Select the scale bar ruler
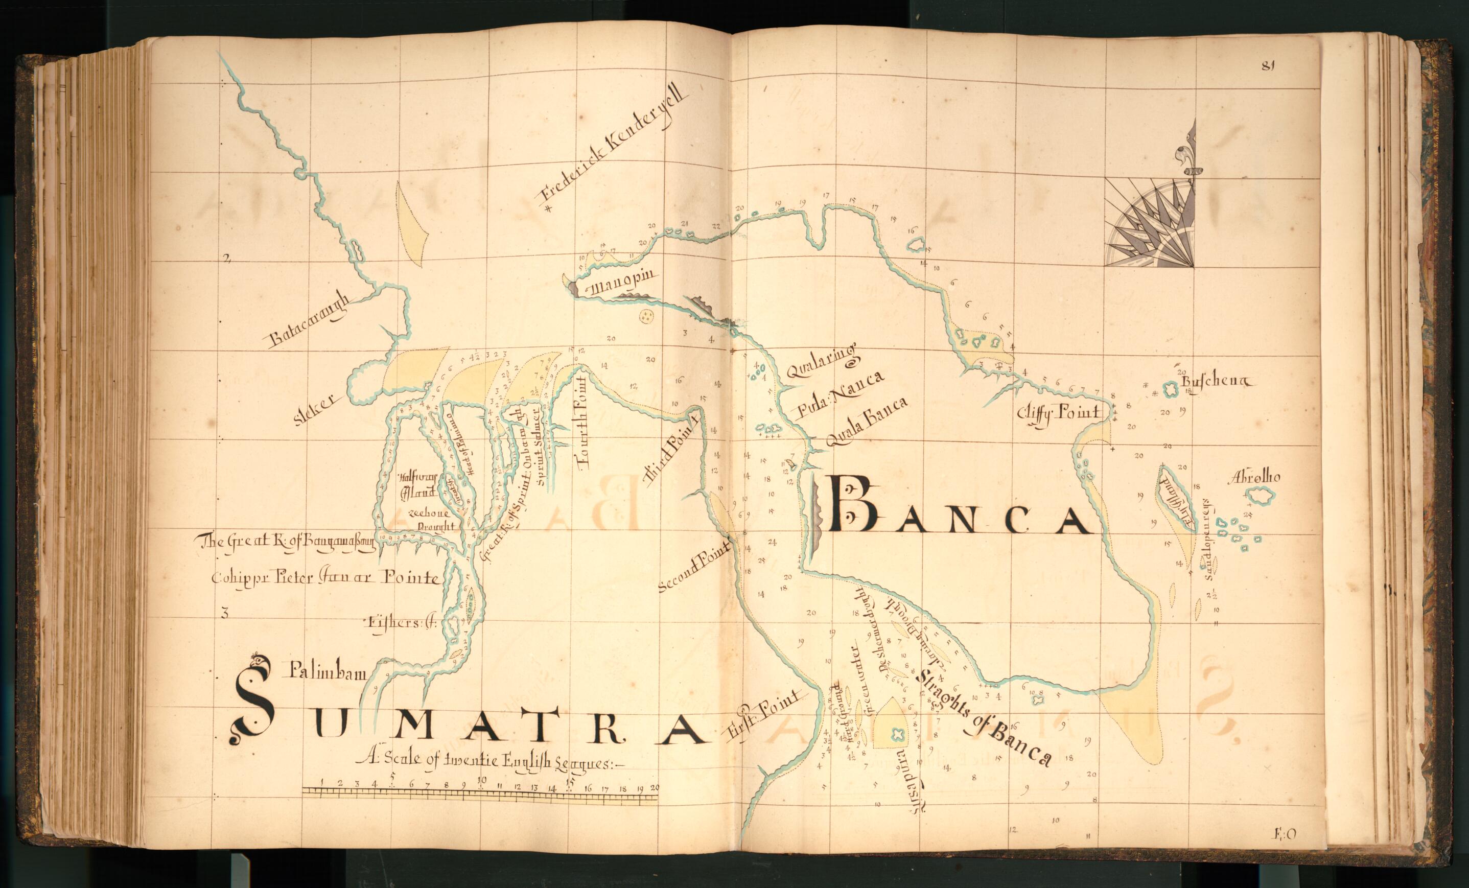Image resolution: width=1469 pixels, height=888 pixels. pyautogui.click(x=480, y=791)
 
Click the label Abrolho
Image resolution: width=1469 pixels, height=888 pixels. pyautogui.click(x=1254, y=477)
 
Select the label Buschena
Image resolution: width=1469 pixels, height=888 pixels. pyautogui.click(x=1216, y=382)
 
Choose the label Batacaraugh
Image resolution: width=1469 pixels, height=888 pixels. pyautogui.click(x=310, y=322)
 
